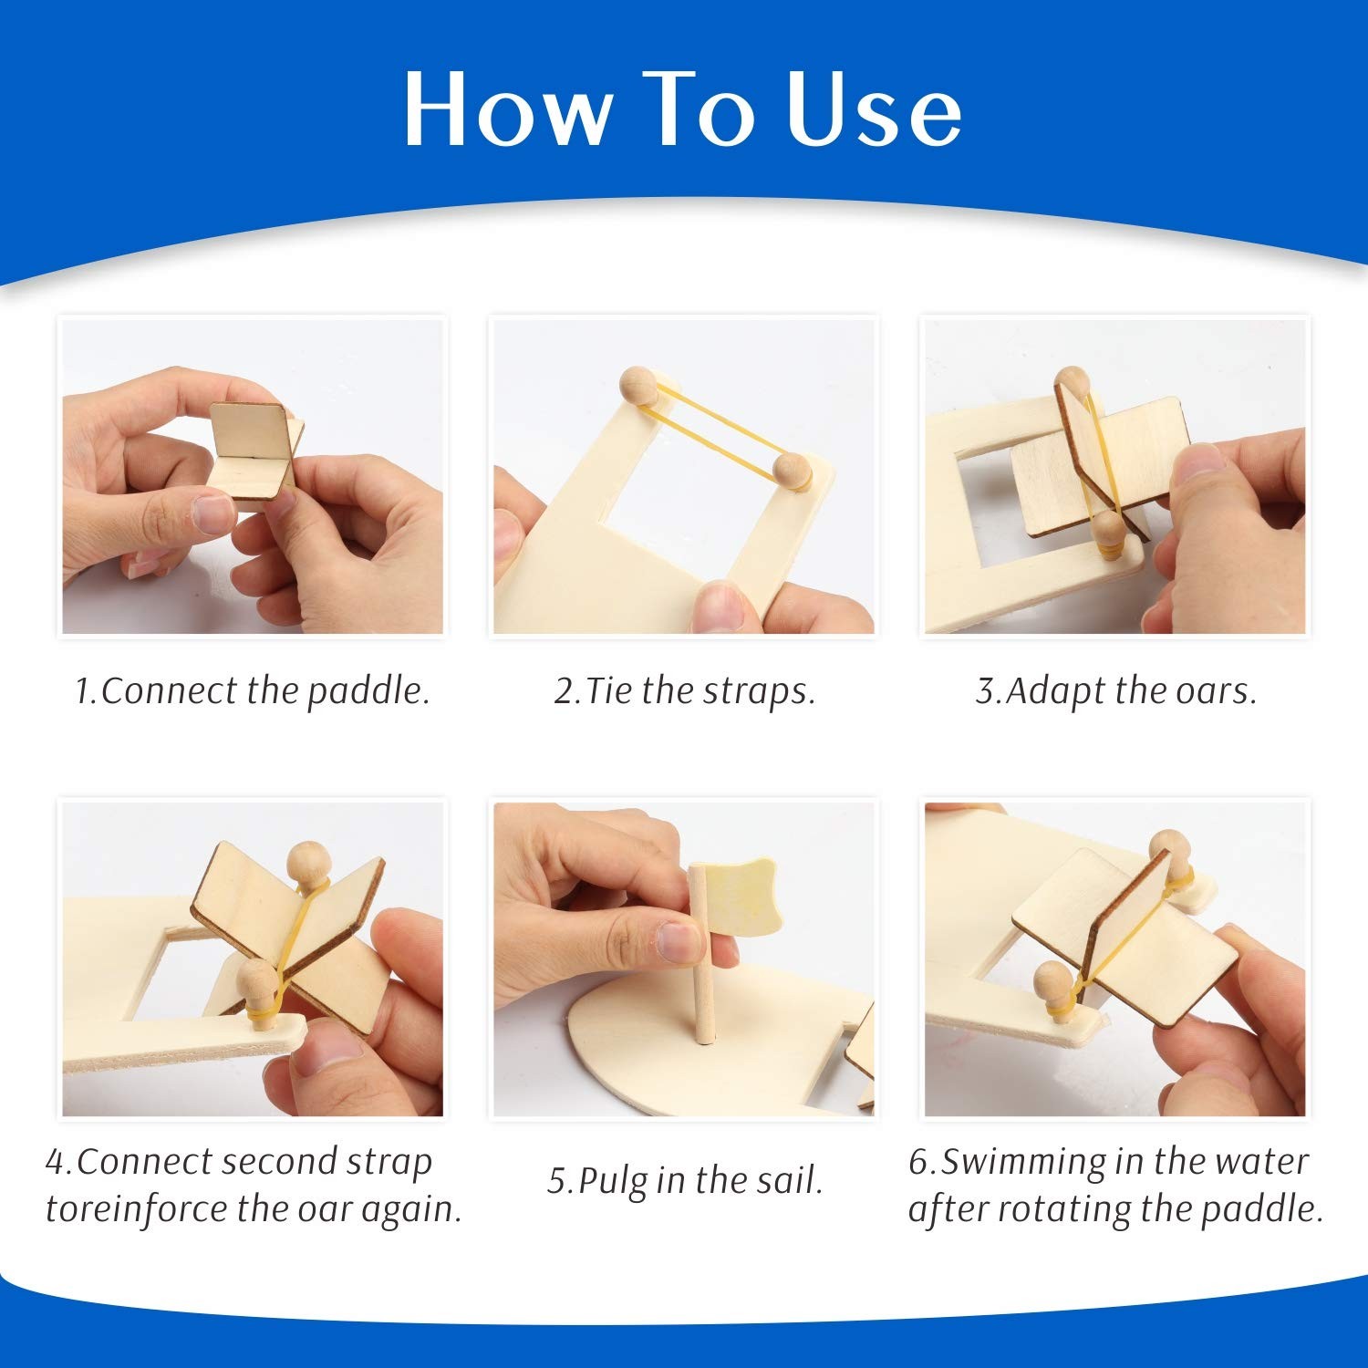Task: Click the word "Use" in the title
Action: pos(874,110)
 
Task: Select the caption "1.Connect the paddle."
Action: pos(252,690)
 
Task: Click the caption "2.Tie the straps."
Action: pos(684,690)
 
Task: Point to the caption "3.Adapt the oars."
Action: pos(1116,690)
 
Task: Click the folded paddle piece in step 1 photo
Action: pos(256,451)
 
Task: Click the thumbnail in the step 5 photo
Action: pos(678,942)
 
